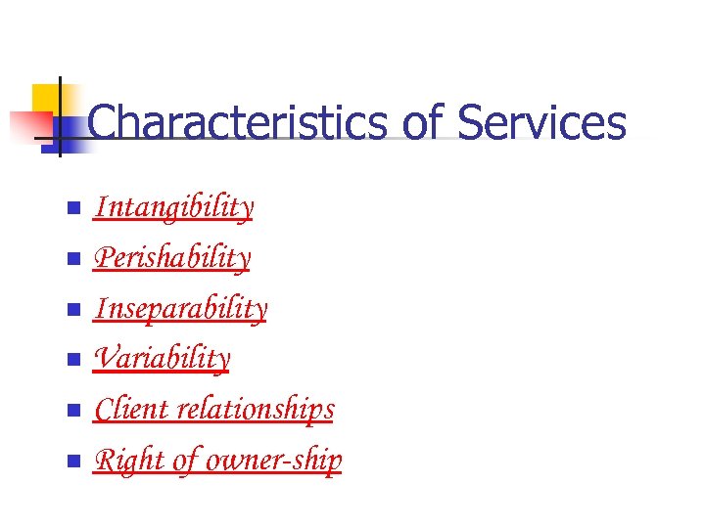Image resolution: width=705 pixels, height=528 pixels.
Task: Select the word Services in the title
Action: [x=541, y=124]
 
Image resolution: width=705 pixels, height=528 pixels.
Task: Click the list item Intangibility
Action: [x=173, y=207]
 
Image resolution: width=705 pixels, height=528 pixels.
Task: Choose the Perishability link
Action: [x=172, y=258]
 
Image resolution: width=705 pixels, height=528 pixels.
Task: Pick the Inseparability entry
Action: [x=180, y=309]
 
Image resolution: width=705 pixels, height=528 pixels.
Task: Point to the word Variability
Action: [x=162, y=359]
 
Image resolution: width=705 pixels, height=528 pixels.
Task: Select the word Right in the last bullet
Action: [x=118, y=461]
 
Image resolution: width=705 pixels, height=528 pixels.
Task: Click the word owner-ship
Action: [x=287, y=461]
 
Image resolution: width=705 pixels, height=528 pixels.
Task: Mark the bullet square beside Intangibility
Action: [x=71, y=209]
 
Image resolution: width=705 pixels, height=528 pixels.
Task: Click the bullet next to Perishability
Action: [x=71, y=260]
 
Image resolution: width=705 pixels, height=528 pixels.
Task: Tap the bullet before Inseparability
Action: [x=71, y=311]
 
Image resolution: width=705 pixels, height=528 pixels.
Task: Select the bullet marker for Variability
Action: [x=71, y=361]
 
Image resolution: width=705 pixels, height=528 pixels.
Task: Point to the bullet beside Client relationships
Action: [x=71, y=412]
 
